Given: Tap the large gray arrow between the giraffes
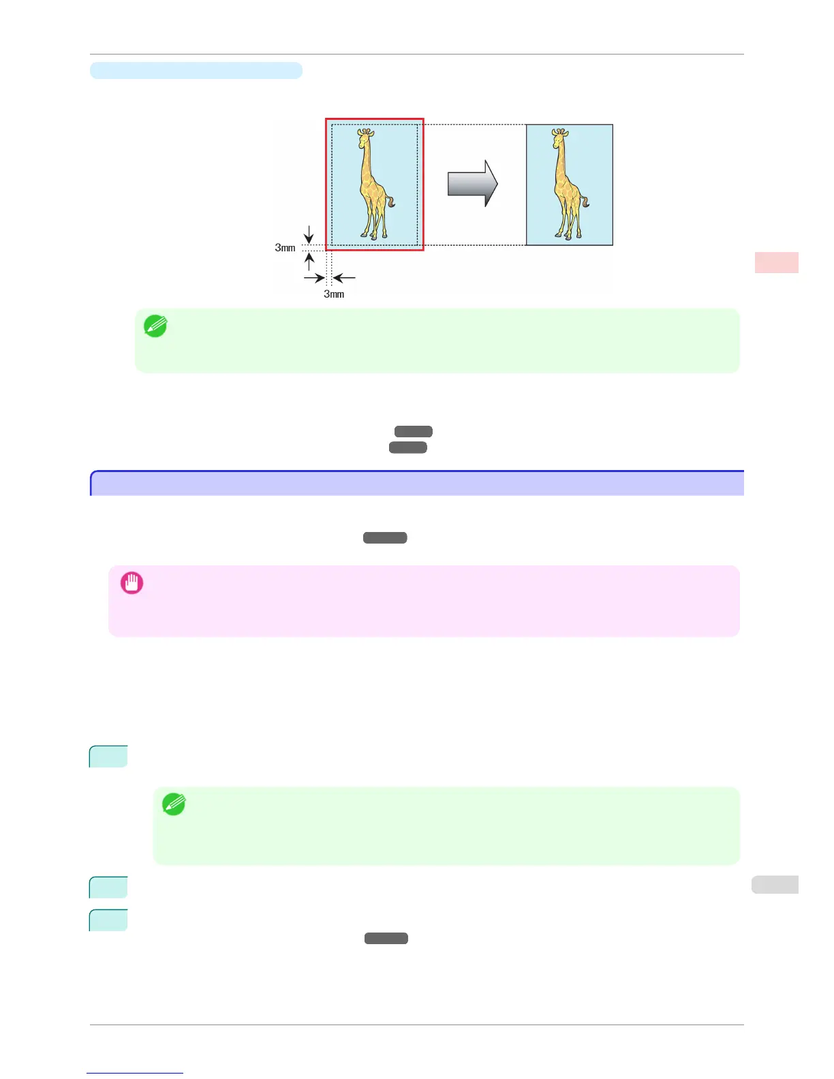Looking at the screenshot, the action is click(472, 183).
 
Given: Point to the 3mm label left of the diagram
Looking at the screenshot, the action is click(285, 248).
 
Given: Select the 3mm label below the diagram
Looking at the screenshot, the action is click(334, 294).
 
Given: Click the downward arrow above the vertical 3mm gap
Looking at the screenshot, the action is click(309, 235).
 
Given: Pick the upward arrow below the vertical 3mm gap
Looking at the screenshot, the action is click(309, 261).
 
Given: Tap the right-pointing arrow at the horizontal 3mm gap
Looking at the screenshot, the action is click(314, 278).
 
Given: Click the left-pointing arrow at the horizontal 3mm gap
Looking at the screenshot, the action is click(344, 278).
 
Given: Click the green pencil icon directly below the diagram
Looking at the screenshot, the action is click(155, 326).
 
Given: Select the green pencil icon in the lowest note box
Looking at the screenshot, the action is click(174, 804).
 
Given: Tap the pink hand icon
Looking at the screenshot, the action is click(132, 583).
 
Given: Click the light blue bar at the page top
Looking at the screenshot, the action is click(196, 70).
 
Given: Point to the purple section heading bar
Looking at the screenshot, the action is click(417, 483).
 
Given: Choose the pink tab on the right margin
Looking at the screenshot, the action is click(776, 262).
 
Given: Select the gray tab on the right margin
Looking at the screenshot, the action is click(775, 884).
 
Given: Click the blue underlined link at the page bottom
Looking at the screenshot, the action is click(135, 1073).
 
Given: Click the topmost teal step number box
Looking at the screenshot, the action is click(108, 757).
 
